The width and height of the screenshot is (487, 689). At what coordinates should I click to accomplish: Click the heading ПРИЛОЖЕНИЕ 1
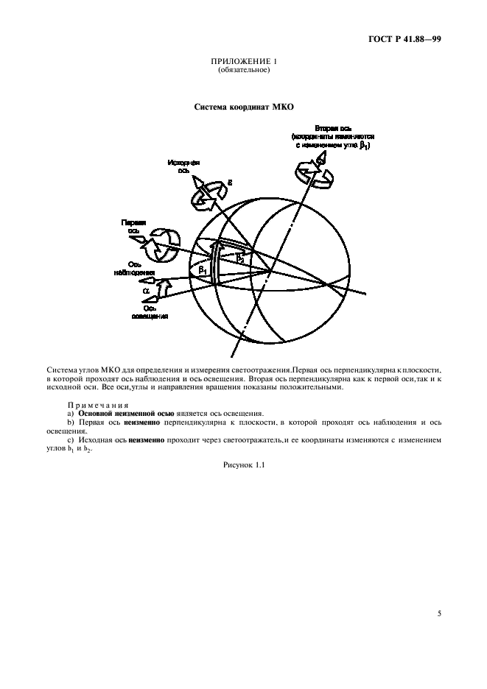(x=244, y=61)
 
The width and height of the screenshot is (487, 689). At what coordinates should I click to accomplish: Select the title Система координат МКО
(x=244, y=107)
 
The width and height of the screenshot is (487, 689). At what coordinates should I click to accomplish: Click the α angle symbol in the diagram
(x=146, y=291)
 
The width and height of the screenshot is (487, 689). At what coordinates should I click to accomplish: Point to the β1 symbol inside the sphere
(x=203, y=270)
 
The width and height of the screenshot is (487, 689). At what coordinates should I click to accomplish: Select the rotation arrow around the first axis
(x=164, y=244)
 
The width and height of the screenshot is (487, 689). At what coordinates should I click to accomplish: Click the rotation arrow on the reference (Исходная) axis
(x=209, y=193)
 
